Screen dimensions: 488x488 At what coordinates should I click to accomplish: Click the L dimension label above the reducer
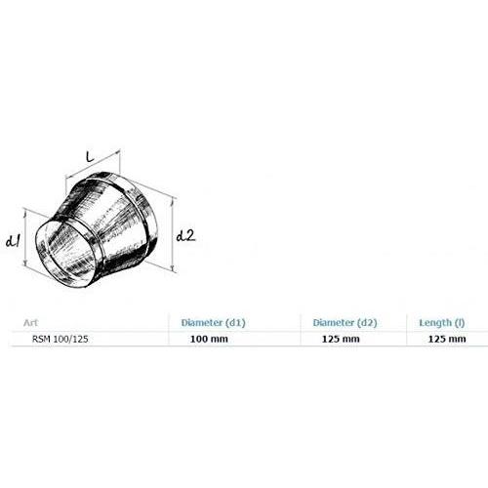point(90,156)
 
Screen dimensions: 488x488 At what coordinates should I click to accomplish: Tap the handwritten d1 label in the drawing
point(14,241)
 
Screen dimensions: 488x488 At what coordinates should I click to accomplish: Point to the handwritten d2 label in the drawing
point(185,235)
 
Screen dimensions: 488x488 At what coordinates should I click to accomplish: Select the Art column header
point(30,323)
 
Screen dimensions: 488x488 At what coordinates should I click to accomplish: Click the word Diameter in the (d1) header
point(202,322)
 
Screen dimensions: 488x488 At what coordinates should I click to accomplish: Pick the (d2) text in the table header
point(367,323)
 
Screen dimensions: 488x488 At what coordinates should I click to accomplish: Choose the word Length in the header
point(435,322)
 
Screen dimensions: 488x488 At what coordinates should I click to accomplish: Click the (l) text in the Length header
point(460,323)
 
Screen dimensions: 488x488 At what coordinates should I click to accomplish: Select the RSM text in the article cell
point(41,339)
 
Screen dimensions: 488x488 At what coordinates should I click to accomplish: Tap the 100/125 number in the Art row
point(70,339)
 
